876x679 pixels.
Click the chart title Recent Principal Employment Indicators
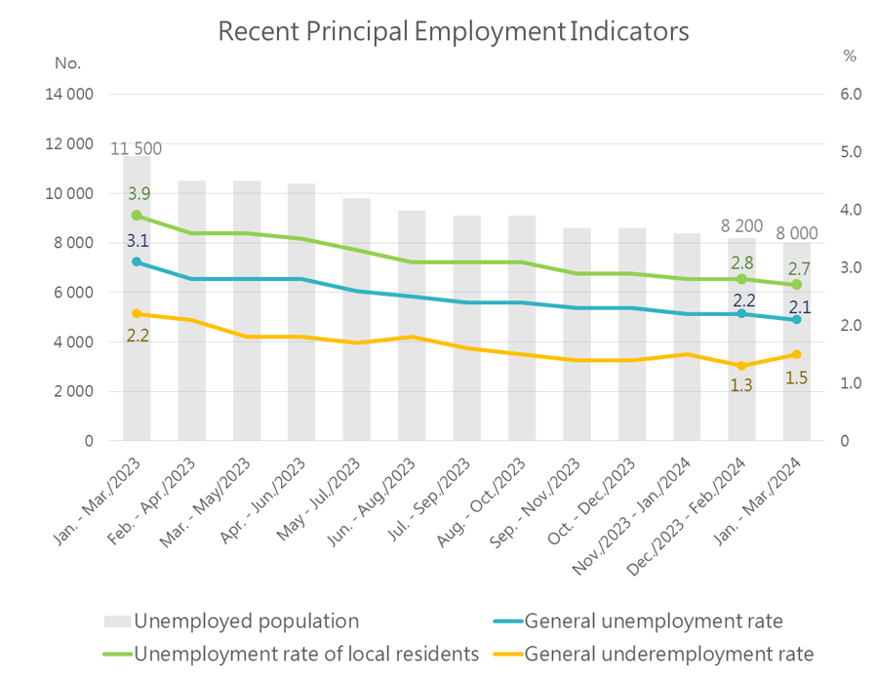(453, 31)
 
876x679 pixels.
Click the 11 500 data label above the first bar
(137, 149)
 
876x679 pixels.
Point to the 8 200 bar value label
(741, 226)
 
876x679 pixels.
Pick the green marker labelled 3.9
(137, 216)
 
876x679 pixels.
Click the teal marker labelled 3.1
(137, 261)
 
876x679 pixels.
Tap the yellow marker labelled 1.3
(741, 366)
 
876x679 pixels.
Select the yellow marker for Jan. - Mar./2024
(796, 354)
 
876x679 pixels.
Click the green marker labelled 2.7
(796, 285)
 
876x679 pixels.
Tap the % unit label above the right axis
(849, 57)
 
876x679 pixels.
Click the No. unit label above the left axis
(67, 63)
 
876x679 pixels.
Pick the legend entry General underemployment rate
(668, 654)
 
